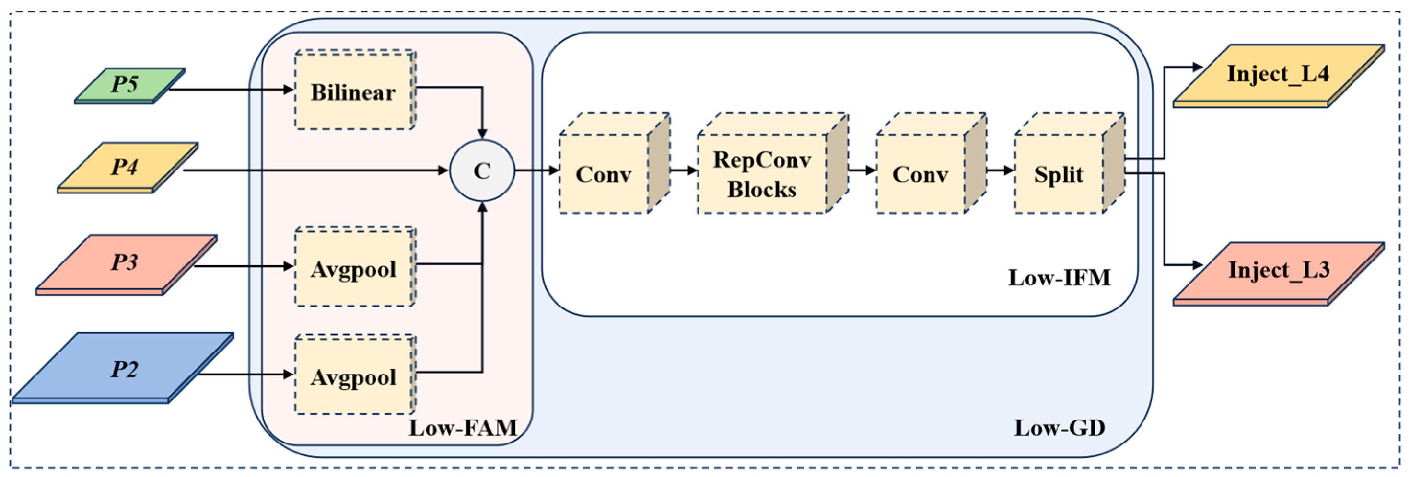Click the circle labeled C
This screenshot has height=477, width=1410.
[482, 170]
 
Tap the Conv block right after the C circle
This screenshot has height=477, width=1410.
[604, 174]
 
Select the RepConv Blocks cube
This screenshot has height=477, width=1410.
[762, 174]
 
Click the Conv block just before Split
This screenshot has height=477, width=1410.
[921, 174]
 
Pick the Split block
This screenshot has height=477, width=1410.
[1059, 174]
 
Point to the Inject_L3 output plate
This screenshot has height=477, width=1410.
[1278, 270]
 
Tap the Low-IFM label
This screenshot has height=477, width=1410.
[1059, 278]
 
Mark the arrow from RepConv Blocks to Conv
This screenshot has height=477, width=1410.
[862, 170]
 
